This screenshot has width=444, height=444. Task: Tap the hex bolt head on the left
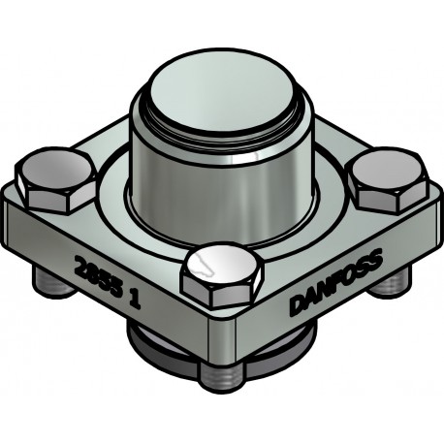click(57, 182)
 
